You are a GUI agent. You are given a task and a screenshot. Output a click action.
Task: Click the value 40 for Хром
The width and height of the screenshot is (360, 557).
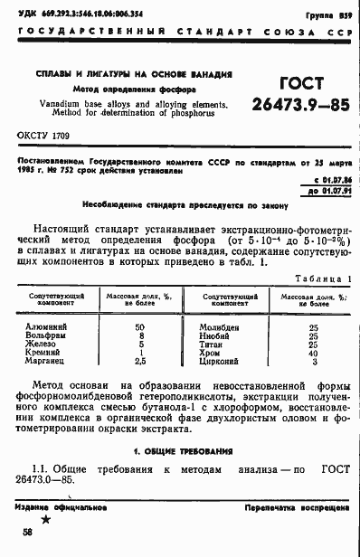coord(313,353)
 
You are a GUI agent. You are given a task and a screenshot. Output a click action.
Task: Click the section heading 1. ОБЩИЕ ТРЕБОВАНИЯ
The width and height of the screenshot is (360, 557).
coord(180,450)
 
